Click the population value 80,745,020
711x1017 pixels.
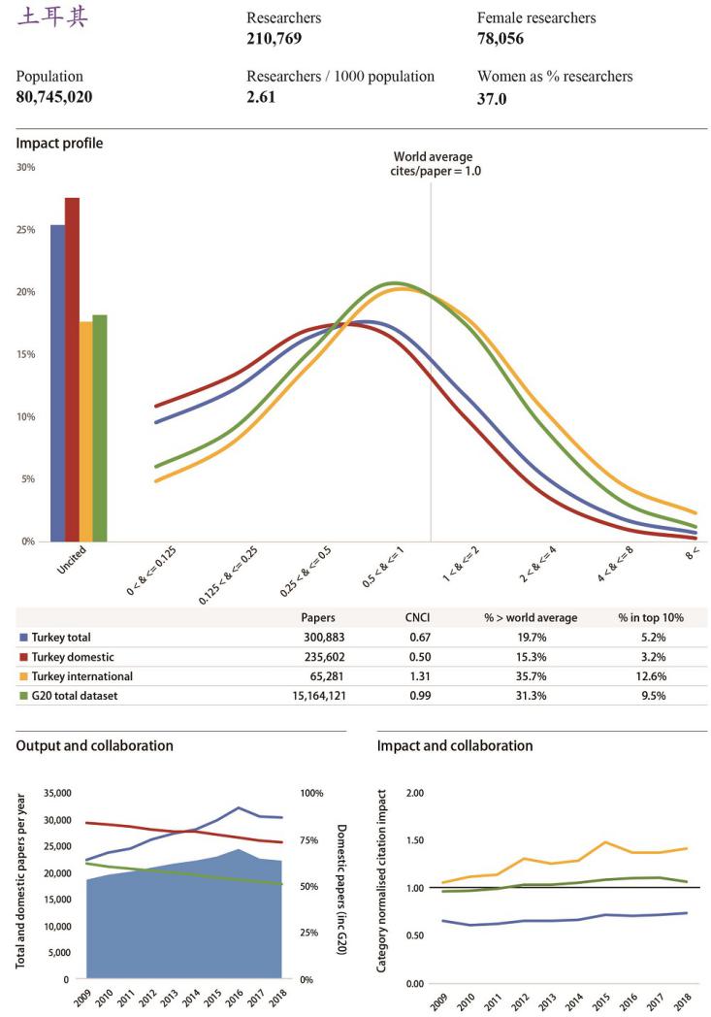(54, 97)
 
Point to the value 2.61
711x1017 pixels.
(261, 97)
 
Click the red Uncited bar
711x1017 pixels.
(72, 369)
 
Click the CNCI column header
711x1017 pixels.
(418, 617)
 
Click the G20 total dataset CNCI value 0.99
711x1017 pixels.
(417, 696)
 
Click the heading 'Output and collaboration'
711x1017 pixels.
(95, 746)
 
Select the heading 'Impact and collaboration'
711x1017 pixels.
(455, 746)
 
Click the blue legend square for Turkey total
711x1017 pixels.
(24, 638)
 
